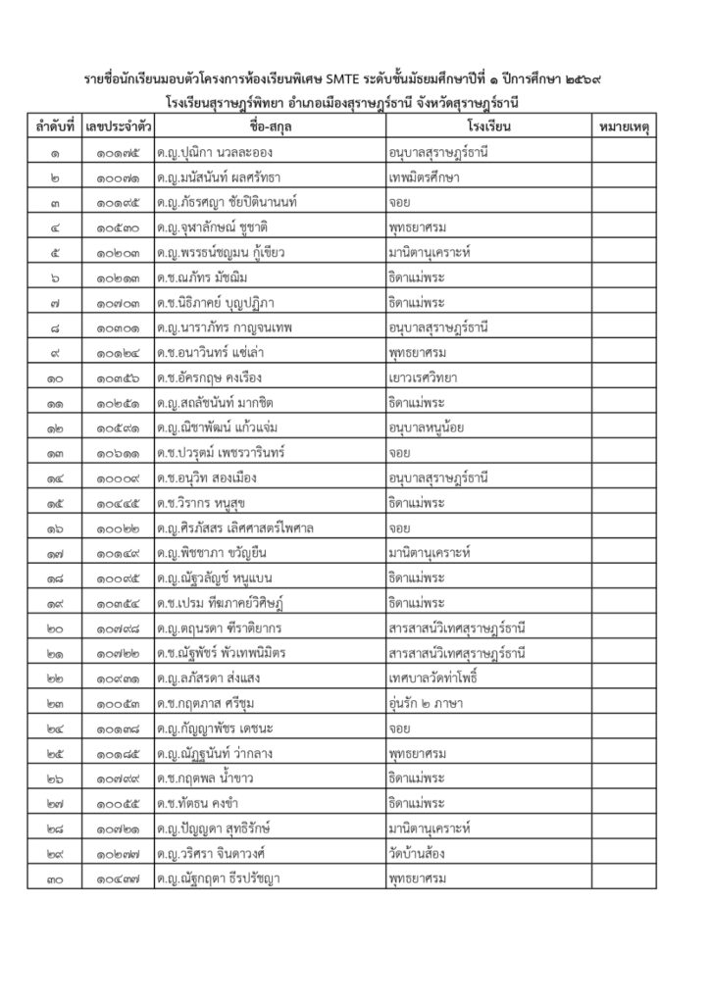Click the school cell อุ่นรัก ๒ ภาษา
427,703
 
